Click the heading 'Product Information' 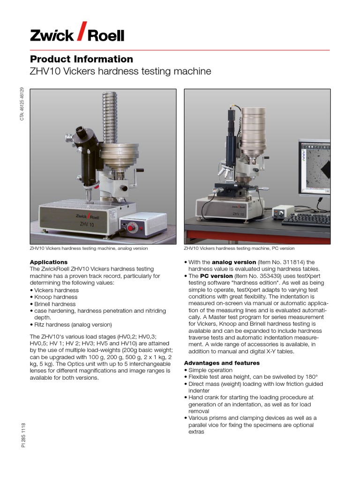(x=82, y=59)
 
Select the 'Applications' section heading (x=49, y=262)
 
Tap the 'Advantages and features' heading (x=222, y=363)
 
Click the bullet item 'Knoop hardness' (x=55, y=297)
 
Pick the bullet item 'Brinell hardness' (x=55, y=304)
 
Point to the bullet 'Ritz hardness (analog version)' (x=73, y=324)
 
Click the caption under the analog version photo (x=89, y=248)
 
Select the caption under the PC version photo (x=239, y=248)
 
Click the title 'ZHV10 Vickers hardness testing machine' (x=120, y=72)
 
